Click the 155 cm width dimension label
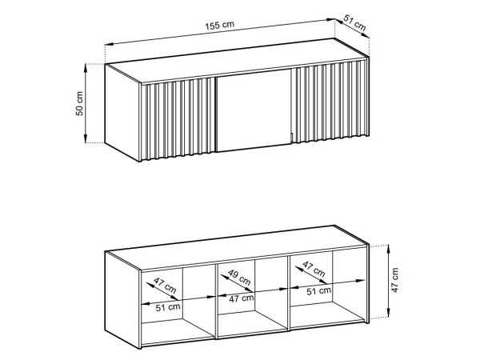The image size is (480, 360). click(219, 25)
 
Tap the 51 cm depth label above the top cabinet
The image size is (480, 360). click(354, 22)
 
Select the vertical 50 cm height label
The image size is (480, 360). click(79, 103)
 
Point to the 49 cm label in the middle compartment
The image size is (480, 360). click(239, 278)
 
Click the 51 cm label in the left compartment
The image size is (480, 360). click(168, 307)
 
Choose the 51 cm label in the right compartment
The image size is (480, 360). click(318, 291)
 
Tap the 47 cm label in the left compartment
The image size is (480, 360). click(165, 285)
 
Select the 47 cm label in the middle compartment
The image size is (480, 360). click(242, 298)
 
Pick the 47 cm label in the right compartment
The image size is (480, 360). click(314, 269)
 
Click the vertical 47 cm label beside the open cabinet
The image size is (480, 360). click(394, 280)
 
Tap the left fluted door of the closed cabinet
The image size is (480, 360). click(178, 119)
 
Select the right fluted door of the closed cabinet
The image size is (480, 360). click(329, 102)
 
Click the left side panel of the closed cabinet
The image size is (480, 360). click(122, 112)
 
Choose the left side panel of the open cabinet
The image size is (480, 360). click(122, 300)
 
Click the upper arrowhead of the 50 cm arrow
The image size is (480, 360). click(86, 69)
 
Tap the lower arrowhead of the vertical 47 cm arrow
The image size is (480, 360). click(388, 313)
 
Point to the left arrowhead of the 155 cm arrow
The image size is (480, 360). click(110, 44)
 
